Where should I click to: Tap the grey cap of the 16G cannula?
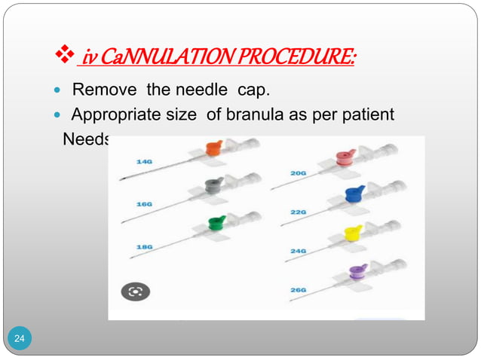click(x=215, y=185)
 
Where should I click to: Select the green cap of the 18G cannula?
click(x=217, y=221)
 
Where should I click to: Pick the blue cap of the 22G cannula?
click(x=354, y=193)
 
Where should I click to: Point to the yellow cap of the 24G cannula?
click(x=353, y=233)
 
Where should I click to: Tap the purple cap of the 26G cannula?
click(x=357, y=270)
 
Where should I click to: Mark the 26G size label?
click(x=299, y=288)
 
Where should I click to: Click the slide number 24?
click(x=20, y=340)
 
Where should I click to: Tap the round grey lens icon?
click(x=136, y=291)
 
